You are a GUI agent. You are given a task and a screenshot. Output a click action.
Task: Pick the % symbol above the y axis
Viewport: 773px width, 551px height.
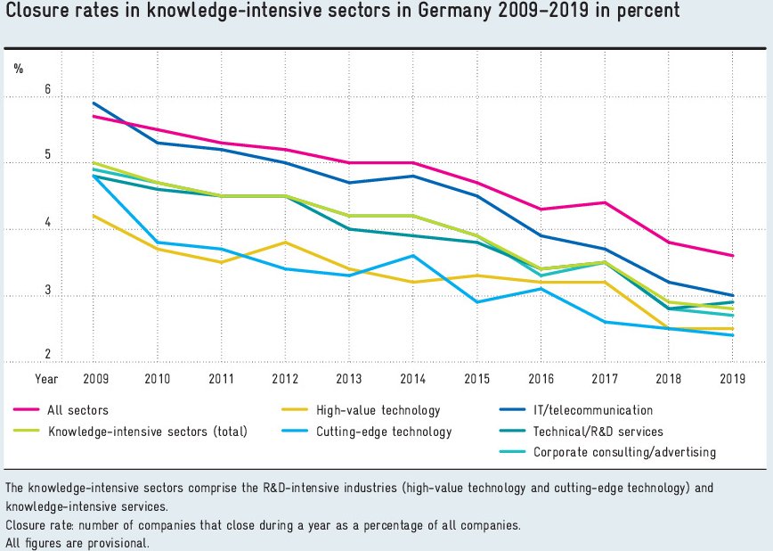coord(18,67)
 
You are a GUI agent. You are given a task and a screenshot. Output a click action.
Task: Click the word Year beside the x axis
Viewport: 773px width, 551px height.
coord(46,378)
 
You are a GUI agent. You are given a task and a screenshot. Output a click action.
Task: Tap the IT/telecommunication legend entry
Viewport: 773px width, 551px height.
coord(592,411)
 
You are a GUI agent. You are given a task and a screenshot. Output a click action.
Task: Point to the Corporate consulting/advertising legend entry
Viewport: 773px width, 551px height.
coord(624,452)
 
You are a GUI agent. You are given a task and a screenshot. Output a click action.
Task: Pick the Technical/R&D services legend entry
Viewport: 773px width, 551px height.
coord(598,432)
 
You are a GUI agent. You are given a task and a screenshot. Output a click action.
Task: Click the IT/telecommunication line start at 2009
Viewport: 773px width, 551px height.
coord(94,103)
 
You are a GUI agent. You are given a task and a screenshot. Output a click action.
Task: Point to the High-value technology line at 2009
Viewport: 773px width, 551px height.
coord(94,215)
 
